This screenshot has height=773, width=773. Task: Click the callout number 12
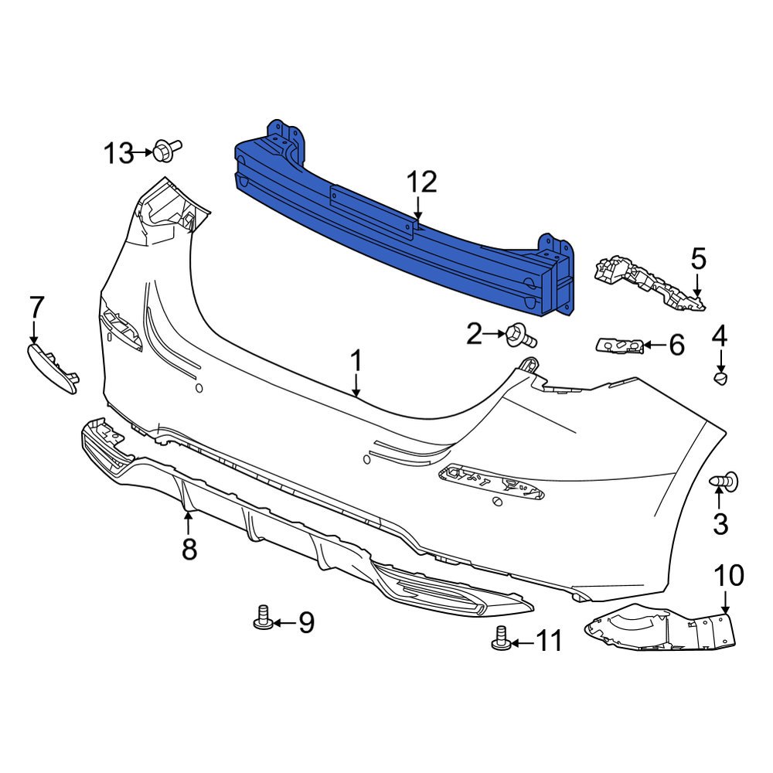[x=422, y=182]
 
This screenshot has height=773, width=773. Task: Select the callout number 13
[x=119, y=154]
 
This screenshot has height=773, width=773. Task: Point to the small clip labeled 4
[x=720, y=378]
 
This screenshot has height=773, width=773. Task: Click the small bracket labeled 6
[x=620, y=345]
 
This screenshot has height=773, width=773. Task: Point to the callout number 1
[x=356, y=360]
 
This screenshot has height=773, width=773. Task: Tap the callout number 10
[x=728, y=575]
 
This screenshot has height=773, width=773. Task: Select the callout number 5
[x=698, y=259]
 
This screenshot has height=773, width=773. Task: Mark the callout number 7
[x=36, y=307]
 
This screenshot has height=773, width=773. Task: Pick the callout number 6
[x=676, y=346]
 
